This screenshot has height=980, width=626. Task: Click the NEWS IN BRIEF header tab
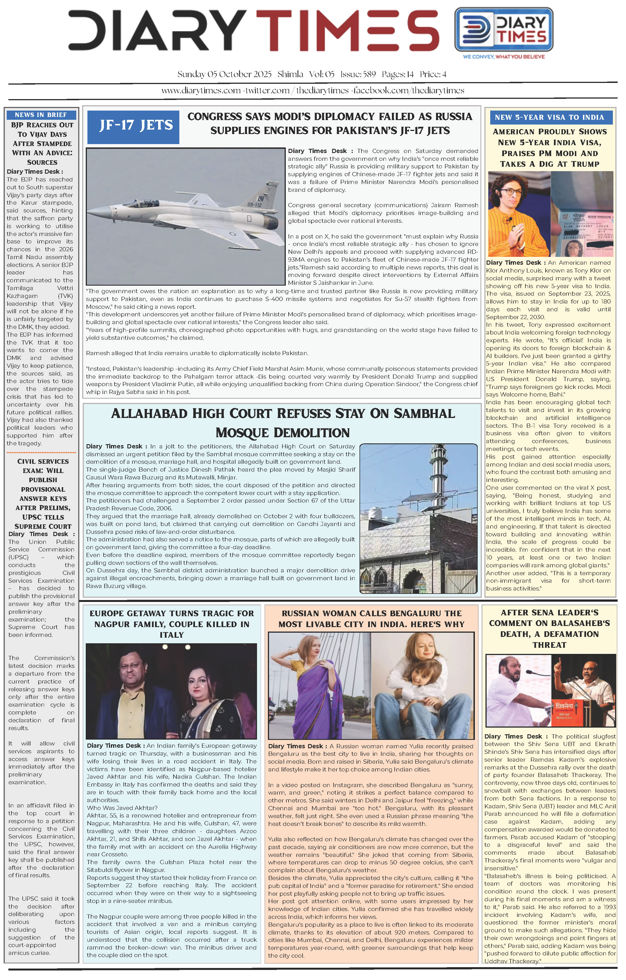[40, 115]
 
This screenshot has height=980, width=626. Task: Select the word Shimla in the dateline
[290, 75]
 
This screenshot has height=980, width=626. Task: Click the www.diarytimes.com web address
[201, 90]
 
